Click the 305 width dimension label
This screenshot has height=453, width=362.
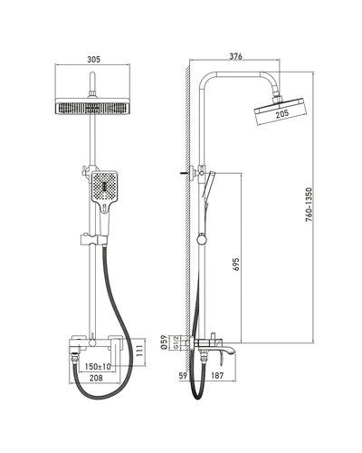click(x=94, y=59)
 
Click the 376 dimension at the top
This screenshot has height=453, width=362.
click(x=235, y=56)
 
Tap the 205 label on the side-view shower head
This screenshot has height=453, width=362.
click(x=282, y=113)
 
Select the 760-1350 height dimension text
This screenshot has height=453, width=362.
click(x=309, y=205)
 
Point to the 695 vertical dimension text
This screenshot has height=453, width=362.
click(x=236, y=265)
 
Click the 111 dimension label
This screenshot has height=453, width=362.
click(x=139, y=351)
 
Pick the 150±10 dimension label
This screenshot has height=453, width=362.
click(x=98, y=367)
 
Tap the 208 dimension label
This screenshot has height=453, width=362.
click(x=96, y=378)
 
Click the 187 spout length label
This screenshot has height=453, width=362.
click(x=217, y=375)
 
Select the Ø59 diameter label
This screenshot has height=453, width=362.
click(x=164, y=342)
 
